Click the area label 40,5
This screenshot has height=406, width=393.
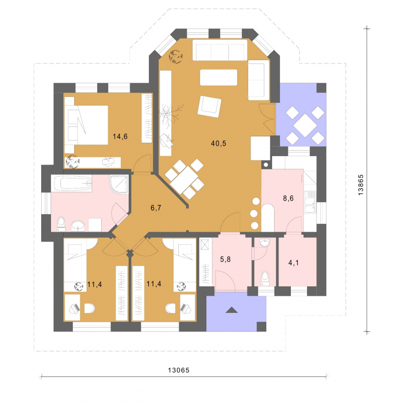pyautogui.click(x=219, y=143)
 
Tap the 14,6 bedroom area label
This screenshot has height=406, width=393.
pyautogui.click(x=120, y=136)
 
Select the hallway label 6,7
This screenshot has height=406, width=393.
pyautogui.click(x=156, y=208)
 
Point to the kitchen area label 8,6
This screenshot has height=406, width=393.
pyautogui.click(x=288, y=198)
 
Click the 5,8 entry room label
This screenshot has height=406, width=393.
pyautogui.click(x=225, y=259)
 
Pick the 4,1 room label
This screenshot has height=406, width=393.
pyautogui.click(x=293, y=263)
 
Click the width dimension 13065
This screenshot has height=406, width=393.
pyautogui.click(x=179, y=370)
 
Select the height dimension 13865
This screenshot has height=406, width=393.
pyautogui.click(x=361, y=185)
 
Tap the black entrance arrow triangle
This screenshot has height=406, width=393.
pyautogui.click(x=231, y=310)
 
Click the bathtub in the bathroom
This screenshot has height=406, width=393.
pyautogui.click(x=71, y=184)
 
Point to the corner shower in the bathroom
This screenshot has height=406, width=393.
pyautogui.click(x=119, y=185)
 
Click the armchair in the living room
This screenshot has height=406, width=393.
pyautogui.click(x=209, y=106)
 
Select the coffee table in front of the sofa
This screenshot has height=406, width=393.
pyautogui.click(x=219, y=77)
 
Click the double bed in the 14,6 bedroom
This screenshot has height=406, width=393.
pyautogui.click(x=86, y=125)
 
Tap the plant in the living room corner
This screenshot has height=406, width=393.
pyautogui.click(x=175, y=57)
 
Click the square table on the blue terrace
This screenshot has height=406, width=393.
pyautogui.click(x=306, y=125)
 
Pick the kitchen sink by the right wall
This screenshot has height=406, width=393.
pyautogui.click(x=310, y=202)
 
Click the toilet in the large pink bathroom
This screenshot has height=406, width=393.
pyautogui.click(x=61, y=224)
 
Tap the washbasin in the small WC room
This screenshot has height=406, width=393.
pyautogui.click(x=265, y=243)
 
